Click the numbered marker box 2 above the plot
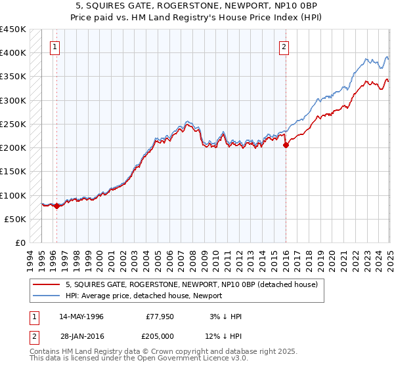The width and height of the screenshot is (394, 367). coord(284,47)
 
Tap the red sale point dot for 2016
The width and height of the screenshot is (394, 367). coord(286,145)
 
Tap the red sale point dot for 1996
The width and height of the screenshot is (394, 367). coord(56,206)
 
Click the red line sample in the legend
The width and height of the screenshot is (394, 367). coord(47,284)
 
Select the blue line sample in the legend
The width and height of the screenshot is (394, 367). coord(47,296)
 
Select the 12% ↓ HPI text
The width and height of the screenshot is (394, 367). coord(223,336)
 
